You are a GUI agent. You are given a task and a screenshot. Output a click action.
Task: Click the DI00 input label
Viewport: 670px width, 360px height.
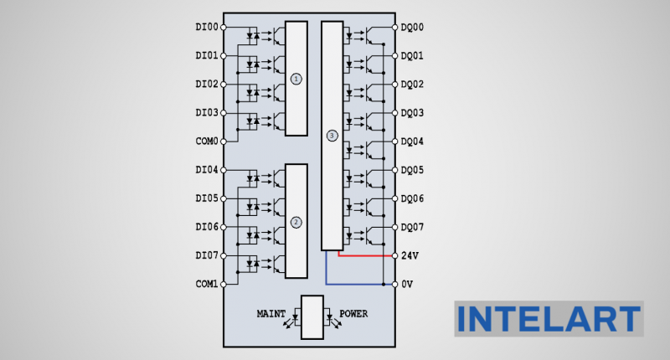[x=206, y=28]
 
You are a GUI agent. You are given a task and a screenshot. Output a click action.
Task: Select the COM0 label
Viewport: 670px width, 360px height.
[x=206, y=141]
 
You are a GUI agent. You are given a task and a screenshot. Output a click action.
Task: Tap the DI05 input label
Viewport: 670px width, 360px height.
[x=206, y=198]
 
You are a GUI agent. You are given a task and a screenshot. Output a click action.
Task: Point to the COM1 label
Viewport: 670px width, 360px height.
[x=206, y=284]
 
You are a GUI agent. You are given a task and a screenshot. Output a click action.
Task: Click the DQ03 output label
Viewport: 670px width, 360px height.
[x=412, y=113]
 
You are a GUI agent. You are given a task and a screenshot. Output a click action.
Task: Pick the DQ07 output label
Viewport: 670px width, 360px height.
[x=412, y=227]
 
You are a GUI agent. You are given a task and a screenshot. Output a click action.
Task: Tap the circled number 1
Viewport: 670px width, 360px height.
[x=296, y=78]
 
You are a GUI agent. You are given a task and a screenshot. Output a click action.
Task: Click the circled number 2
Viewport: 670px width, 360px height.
[x=296, y=222]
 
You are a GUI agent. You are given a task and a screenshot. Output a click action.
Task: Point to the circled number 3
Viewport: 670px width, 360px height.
[x=332, y=135]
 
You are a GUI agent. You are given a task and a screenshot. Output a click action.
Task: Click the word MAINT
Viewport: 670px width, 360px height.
[x=271, y=314]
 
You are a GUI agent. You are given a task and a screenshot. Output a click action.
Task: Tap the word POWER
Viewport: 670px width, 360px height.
[x=353, y=314]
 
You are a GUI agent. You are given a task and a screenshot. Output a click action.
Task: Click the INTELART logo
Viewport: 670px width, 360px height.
[x=549, y=319]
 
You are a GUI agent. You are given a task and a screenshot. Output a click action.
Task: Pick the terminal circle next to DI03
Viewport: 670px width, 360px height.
[x=224, y=113]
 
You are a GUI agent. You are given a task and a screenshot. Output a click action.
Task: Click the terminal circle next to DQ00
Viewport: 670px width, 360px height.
[x=394, y=28]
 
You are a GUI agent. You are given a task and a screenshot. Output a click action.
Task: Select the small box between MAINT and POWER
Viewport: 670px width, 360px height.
[x=312, y=317]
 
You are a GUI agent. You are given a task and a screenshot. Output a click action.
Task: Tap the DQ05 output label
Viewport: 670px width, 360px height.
[x=412, y=170]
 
